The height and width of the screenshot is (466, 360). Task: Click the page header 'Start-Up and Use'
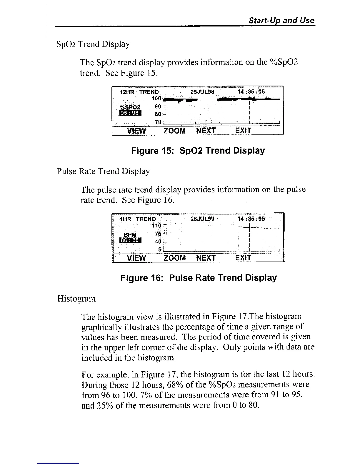click(x=281, y=21)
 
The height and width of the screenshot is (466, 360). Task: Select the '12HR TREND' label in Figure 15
click(x=139, y=92)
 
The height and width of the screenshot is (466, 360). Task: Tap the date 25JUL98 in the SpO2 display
click(x=203, y=92)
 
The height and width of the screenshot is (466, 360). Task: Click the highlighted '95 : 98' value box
click(x=130, y=113)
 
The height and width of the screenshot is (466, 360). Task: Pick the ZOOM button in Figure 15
click(x=174, y=130)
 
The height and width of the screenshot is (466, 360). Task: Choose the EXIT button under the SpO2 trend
click(x=243, y=130)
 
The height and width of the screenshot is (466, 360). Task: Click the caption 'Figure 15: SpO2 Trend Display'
click(x=198, y=151)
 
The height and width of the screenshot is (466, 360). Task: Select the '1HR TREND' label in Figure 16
click(x=138, y=219)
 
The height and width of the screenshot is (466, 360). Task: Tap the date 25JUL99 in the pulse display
click(x=203, y=219)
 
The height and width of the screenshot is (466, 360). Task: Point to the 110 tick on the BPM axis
click(x=157, y=226)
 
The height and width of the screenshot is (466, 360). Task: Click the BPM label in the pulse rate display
click(x=130, y=235)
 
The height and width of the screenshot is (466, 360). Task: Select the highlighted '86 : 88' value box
click(x=130, y=241)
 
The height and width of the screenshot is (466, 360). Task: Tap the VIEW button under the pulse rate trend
click(x=136, y=258)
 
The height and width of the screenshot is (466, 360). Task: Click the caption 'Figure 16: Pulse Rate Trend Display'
click(x=199, y=278)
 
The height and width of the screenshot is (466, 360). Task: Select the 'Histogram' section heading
click(x=76, y=299)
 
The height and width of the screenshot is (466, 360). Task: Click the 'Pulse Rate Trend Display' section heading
click(x=103, y=171)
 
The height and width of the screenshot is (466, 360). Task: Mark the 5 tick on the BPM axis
click(x=160, y=249)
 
